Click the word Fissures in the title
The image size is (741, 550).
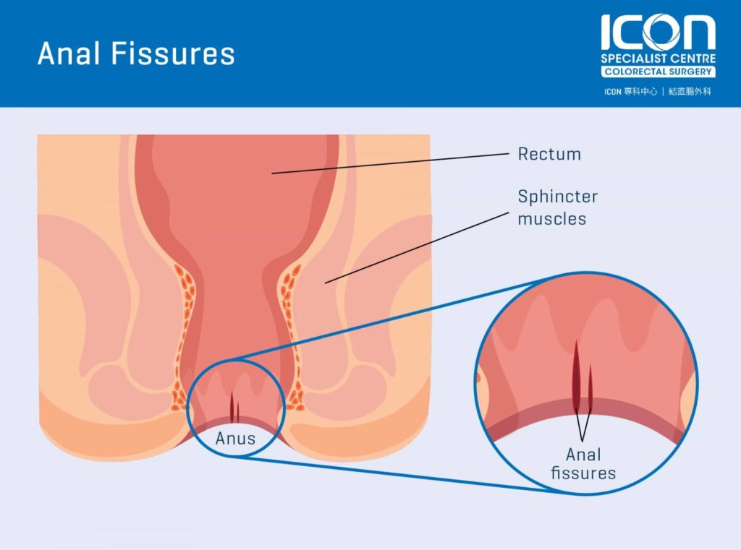click(173, 53)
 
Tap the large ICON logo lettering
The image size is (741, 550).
click(658, 32)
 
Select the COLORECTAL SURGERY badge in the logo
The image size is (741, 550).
click(659, 72)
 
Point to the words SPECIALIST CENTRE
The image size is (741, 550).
click(659, 59)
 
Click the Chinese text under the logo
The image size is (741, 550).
click(657, 92)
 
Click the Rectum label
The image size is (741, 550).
click(549, 154)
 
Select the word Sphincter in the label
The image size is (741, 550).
click(558, 197)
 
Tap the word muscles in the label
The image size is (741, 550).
click(552, 219)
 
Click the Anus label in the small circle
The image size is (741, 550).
click(235, 439)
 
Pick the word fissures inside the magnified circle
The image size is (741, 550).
click(584, 473)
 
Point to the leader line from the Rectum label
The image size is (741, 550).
click(390, 163)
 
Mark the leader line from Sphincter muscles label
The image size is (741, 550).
click(417, 248)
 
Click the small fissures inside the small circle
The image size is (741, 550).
click(234, 407)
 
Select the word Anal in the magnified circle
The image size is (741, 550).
click(584, 455)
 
